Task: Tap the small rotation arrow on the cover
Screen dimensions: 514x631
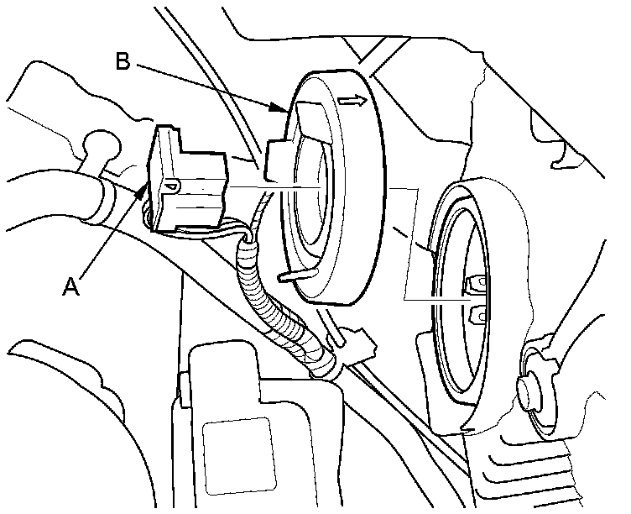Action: coord(353,102)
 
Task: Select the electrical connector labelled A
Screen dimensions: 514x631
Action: coord(185,181)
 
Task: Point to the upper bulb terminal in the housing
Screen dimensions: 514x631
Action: coord(477,283)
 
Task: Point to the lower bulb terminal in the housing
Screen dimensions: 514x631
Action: coord(480,315)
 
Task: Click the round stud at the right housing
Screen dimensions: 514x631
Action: coord(531,390)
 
